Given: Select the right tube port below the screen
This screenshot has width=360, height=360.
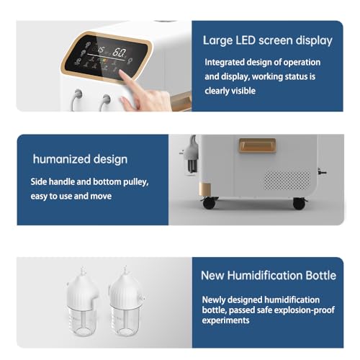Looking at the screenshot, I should (107, 96).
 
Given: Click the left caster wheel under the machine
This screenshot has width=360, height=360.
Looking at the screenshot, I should (208, 204).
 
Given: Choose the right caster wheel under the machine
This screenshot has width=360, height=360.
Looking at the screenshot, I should (297, 204).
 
